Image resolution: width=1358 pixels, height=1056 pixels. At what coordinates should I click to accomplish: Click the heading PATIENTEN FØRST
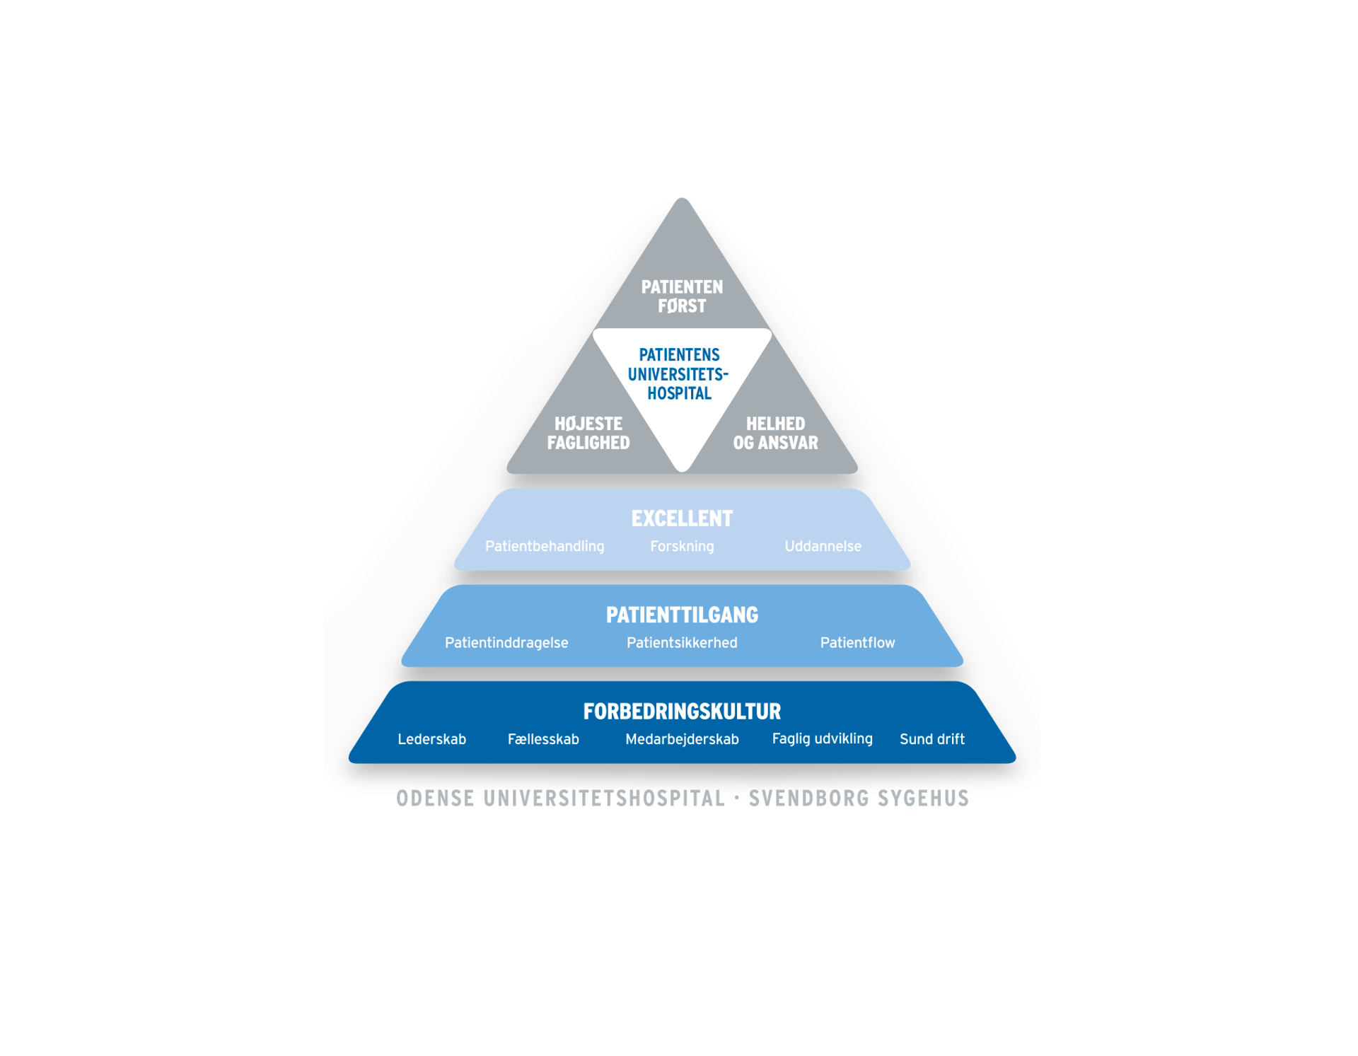[x=682, y=296]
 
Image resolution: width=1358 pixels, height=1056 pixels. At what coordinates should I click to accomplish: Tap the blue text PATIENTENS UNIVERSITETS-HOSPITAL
[x=679, y=374]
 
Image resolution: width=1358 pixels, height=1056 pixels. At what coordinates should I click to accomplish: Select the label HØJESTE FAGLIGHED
[x=588, y=433]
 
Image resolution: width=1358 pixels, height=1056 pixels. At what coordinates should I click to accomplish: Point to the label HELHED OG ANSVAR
[x=775, y=433]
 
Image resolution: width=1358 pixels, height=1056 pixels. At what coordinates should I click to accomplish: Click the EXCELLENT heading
[x=682, y=518]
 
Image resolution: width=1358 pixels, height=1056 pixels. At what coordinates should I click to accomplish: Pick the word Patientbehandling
[x=545, y=546]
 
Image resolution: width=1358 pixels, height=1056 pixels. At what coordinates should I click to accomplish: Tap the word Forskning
[x=682, y=546]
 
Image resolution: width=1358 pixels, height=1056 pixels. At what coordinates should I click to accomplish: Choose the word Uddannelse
[x=823, y=546]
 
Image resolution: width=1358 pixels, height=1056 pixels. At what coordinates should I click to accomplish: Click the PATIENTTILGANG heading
[x=682, y=615]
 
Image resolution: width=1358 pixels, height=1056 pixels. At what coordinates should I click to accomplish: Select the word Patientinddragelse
[x=506, y=642]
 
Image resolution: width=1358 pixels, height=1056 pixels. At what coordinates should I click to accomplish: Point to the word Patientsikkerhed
[x=682, y=642]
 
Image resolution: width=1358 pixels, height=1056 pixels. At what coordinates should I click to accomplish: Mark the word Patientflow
[x=857, y=642]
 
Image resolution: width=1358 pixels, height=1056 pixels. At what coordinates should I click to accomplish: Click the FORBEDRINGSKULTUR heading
[x=682, y=711]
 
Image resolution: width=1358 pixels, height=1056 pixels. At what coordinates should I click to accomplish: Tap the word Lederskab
[x=431, y=739]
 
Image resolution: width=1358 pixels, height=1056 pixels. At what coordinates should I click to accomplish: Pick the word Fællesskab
[x=543, y=739]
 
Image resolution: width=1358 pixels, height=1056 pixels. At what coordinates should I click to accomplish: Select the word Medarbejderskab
[x=682, y=739]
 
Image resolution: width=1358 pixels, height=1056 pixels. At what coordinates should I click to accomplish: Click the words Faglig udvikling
[x=822, y=738]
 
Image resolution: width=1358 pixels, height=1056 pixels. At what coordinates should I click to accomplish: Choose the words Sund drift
[x=932, y=739]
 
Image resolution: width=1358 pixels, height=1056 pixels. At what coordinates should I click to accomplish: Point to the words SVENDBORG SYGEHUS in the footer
[x=859, y=799]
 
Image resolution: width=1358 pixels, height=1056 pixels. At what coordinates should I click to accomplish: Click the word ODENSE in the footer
[x=435, y=799]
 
